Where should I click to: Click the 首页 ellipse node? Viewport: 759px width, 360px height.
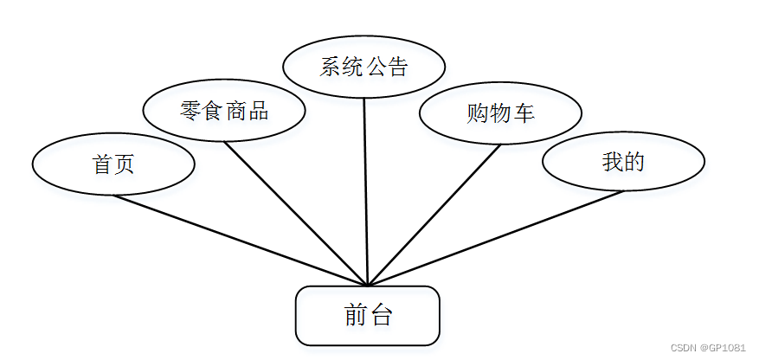coord(113,164)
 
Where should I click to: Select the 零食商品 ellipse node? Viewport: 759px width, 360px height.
coord(224,110)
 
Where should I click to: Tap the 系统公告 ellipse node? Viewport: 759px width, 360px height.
coord(364,67)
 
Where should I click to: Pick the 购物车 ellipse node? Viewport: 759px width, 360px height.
coord(500,113)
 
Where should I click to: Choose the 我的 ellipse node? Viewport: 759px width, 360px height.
coord(623,161)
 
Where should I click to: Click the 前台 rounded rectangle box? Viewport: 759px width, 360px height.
coord(368,316)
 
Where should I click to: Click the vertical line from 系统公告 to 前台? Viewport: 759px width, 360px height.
coord(366,190)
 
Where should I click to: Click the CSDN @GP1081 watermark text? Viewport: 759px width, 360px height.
coord(707,347)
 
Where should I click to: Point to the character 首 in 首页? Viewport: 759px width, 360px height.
coord(103,164)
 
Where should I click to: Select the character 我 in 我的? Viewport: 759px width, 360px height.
coord(613,161)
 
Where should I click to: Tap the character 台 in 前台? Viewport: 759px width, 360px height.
coord(380,316)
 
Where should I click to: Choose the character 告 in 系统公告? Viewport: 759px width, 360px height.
coord(397,67)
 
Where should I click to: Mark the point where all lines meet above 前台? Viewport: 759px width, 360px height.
coord(369,285)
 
